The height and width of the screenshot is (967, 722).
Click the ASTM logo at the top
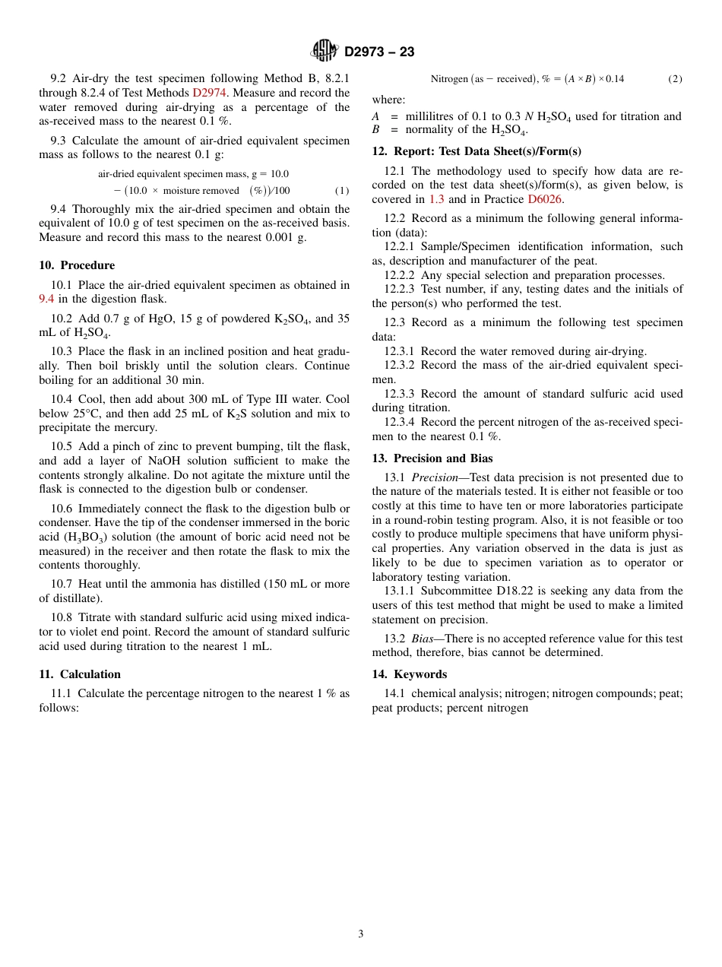pos(324,51)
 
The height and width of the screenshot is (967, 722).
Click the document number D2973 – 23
pos(379,52)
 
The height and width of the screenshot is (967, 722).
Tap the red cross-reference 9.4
pos(46,299)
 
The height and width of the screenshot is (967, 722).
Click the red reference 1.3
pos(436,199)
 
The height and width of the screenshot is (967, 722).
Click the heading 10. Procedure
pos(77,265)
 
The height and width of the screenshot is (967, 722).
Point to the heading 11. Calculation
pos(80,674)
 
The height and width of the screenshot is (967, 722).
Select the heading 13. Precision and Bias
pos(432,458)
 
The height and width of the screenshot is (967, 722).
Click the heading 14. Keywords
pos(409,674)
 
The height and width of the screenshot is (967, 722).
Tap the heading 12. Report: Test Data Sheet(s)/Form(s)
pos(476,151)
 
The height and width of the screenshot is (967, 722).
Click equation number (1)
pos(342,191)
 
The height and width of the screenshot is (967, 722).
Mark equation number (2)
pos(675,79)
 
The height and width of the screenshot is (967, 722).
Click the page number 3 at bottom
pos(361,934)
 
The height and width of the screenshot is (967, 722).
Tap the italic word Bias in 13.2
pos(422,639)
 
